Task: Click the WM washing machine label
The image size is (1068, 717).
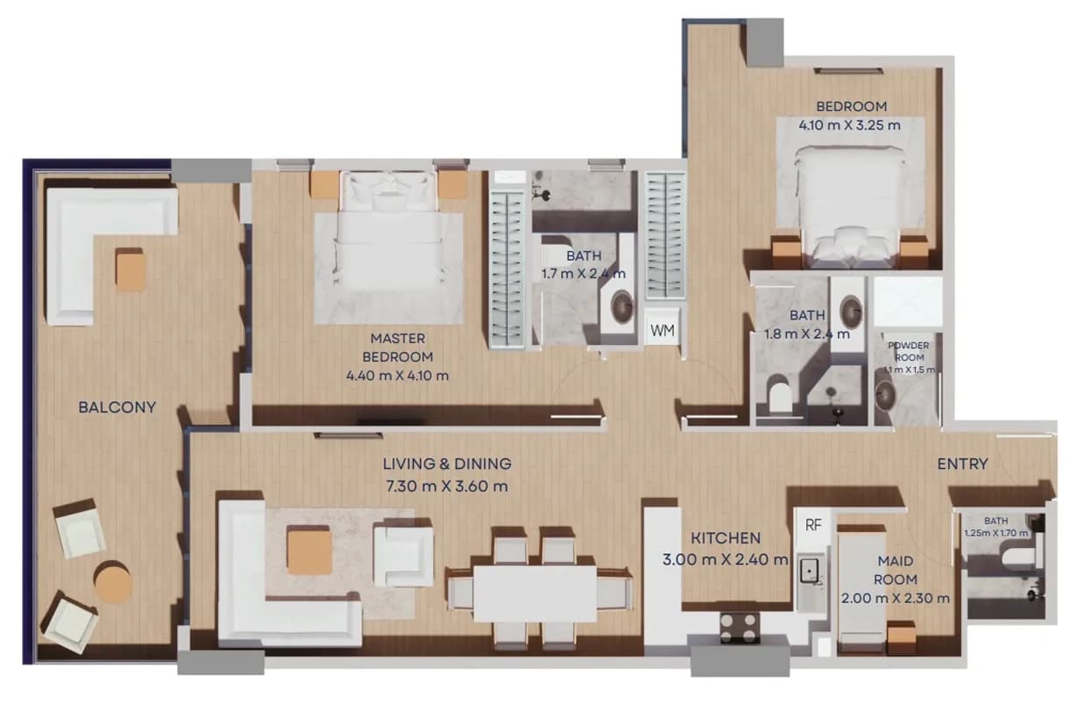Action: (663, 330)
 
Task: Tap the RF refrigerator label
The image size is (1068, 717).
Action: (813, 525)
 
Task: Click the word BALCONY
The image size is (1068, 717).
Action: (117, 407)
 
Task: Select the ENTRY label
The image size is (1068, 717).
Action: (963, 464)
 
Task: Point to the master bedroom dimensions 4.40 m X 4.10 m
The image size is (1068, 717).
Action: (397, 376)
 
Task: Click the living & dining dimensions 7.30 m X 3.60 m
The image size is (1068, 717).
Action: (446, 486)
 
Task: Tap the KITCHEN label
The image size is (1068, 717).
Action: (726, 538)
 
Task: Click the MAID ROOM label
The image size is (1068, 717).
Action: (896, 570)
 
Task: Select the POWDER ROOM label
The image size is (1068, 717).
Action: (909, 351)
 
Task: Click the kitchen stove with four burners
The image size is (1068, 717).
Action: (740, 628)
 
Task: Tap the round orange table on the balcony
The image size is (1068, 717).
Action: (114, 581)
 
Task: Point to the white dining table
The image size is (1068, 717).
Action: (536, 594)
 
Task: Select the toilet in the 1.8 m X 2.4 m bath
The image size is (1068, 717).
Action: (780, 394)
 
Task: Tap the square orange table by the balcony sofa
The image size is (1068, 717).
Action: (130, 270)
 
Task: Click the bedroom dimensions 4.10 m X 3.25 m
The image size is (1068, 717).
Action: (850, 125)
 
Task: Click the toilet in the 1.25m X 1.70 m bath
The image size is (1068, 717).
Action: (1021, 559)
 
